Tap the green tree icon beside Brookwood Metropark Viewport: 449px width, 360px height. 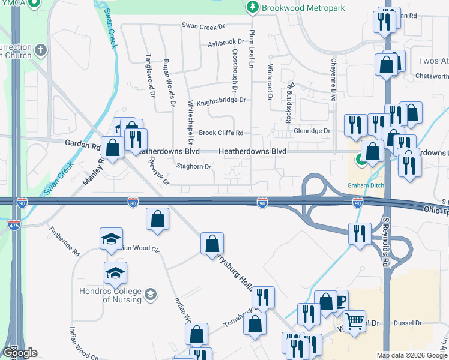[253, 7]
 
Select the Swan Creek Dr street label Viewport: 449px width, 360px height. [203, 26]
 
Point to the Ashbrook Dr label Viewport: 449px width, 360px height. [226, 43]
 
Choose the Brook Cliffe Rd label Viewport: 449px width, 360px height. [221, 133]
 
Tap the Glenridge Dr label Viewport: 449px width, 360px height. [312, 131]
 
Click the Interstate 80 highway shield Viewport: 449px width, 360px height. [133, 203]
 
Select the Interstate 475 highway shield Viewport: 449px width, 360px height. [14, 225]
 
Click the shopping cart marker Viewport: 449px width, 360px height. [354, 320]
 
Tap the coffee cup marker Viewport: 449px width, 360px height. [340, 300]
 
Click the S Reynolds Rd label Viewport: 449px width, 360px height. [386, 235]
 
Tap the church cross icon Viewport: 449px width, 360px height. [41, 50]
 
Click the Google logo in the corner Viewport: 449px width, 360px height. [19, 353]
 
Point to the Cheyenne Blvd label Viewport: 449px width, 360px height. [333, 79]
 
